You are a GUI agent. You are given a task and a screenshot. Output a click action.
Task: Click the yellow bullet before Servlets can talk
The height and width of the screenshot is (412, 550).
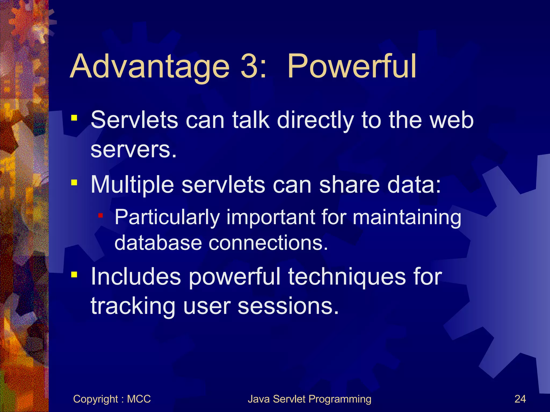click(74, 118)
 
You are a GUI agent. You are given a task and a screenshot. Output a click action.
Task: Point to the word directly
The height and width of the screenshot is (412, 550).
click(315, 120)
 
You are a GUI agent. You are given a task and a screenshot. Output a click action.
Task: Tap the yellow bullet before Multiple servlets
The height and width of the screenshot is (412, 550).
click(74, 183)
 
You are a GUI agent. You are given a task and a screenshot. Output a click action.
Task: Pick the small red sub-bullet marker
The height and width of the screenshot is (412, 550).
click(100, 215)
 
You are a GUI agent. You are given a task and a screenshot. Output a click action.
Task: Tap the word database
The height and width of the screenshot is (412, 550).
click(158, 242)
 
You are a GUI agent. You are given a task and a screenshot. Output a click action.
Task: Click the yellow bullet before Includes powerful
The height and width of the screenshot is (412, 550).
click(74, 275)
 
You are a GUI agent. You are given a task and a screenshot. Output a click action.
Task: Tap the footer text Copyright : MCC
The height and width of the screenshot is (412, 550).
click(112, 399)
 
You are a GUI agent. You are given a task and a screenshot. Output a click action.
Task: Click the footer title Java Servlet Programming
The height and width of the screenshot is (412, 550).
click(309, 399)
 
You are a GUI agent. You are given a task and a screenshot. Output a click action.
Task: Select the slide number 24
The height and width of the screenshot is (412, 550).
click(520, 399)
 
